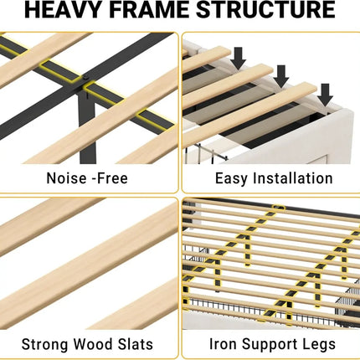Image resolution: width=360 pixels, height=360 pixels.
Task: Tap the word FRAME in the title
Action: [148, 10]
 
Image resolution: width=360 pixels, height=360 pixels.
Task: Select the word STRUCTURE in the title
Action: [265, 10]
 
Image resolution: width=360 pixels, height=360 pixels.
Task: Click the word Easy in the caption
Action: [231, 178]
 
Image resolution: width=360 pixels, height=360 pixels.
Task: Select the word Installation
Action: [293, 178]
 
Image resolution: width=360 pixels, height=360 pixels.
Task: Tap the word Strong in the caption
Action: [45, 344]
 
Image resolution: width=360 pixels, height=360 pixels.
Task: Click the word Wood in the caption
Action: [93, 344]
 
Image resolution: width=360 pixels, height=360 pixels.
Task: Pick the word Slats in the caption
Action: [136, 344]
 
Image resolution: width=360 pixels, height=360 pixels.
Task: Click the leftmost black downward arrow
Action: [238, 59]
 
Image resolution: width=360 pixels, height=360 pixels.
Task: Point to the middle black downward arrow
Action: [281, 76]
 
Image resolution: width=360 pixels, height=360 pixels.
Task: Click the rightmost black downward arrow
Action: [325, 95]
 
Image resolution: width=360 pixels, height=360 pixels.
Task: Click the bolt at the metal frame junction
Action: [86, 77]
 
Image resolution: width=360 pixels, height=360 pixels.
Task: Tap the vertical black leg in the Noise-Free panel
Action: [87, 126]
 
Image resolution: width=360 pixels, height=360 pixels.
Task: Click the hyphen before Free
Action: [94, 179]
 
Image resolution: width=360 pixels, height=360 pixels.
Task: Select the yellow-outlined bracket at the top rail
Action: [278, 208]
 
